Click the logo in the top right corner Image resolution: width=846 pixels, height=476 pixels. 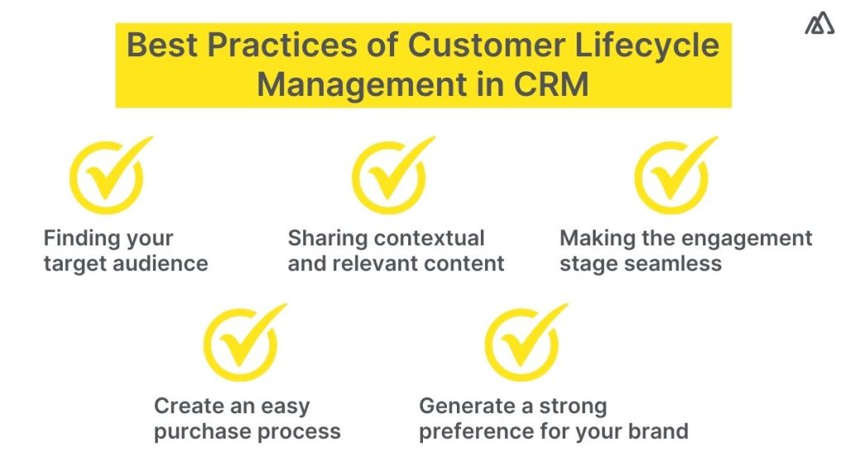click(819, 25)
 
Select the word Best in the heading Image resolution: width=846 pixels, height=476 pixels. click(164, 45)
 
